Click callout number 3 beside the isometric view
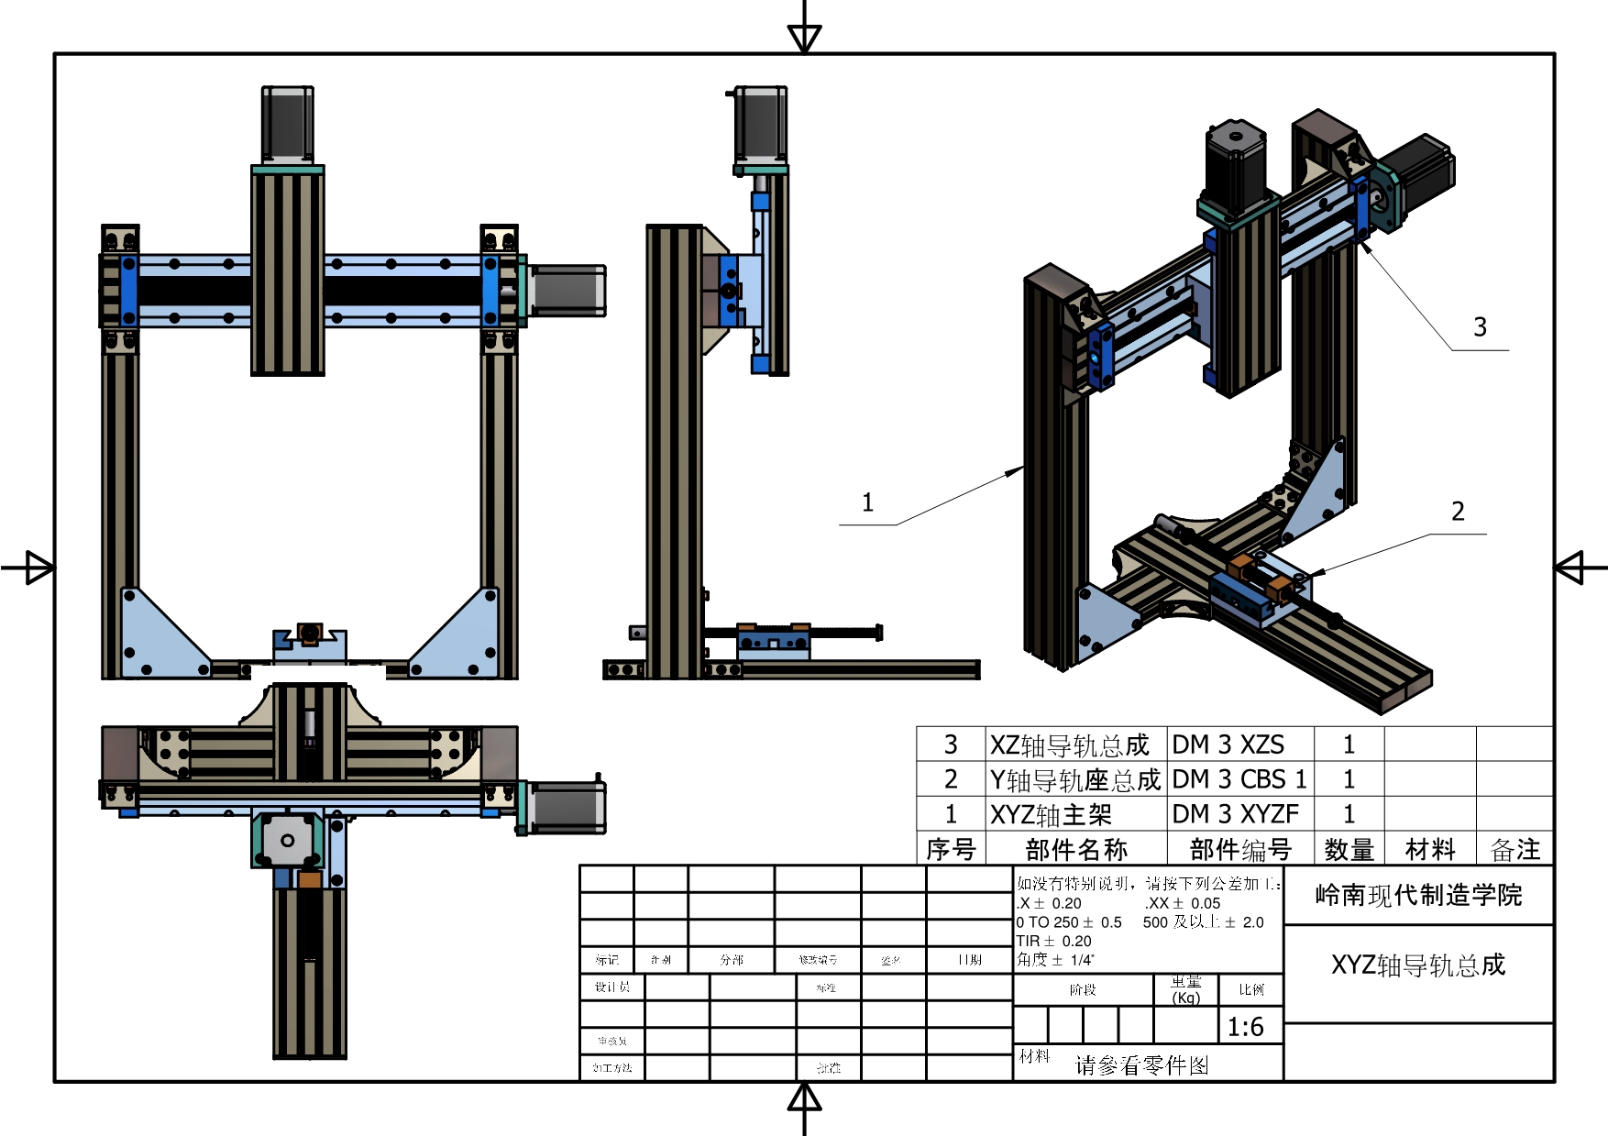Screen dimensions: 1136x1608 tap(1480, 327)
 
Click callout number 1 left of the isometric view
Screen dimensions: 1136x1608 tap(867, 502)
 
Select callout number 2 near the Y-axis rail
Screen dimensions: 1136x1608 tap(1458, 512)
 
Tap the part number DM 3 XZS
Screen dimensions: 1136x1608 tap(1228, 744)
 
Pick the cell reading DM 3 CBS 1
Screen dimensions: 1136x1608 tap(1239, 779)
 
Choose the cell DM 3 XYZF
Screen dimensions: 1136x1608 tap(1235, 814)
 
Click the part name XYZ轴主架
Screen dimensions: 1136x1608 tap(1051, 814)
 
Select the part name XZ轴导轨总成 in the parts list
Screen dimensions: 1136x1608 tap(1069, 744)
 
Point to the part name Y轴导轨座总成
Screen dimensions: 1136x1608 tap(1074, 779)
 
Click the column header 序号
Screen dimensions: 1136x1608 tap(951, 849)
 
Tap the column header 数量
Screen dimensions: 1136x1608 tap(1349, 849)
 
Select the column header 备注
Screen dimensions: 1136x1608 tap(1515, 849)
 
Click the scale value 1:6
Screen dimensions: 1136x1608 tap(1246, 1027)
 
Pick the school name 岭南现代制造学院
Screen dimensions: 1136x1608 tap(1418, 895)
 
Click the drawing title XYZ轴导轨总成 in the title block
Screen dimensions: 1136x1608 tap(1418, 965)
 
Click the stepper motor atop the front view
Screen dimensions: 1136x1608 tap(288, 125)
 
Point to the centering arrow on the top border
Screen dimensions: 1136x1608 tap(805, 37)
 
